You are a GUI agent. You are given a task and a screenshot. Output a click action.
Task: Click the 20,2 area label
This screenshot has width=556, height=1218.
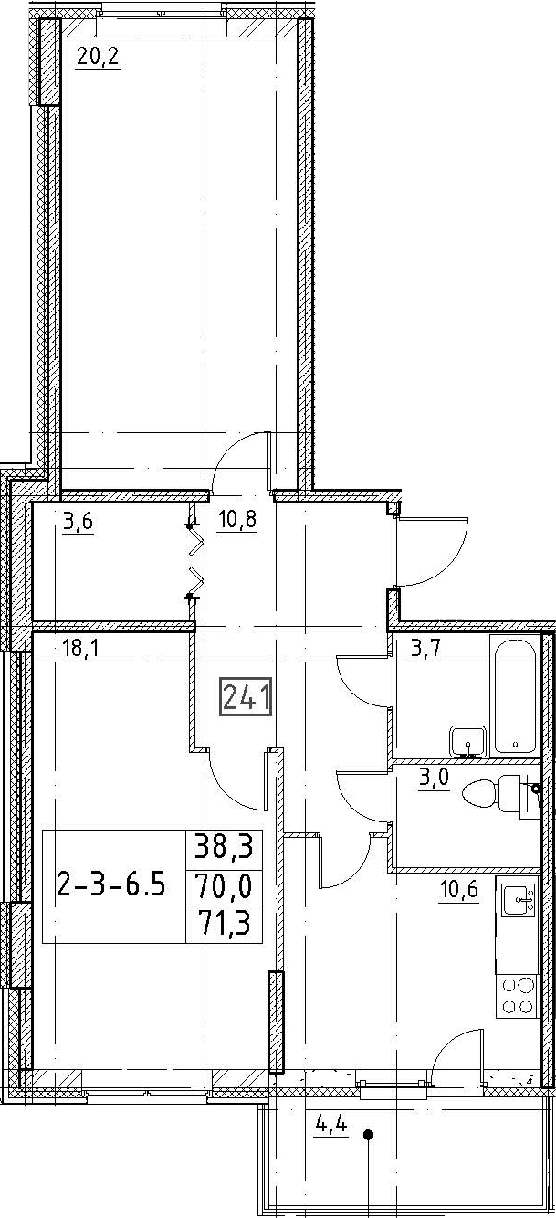pyautogui.click(x=98, y=56)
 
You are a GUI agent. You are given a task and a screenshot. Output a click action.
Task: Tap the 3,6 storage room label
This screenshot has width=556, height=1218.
pyautogui.click(x=79, y=522)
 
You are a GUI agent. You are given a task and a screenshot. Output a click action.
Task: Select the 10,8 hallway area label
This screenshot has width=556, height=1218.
pyautogui.click(x=237, y=521)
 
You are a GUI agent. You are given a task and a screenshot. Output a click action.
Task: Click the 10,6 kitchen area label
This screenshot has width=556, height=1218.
pyautogui.click(x=459, y=890)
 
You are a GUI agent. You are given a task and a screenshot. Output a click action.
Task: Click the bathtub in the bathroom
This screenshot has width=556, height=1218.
pyautogui.click(x=515, y=696)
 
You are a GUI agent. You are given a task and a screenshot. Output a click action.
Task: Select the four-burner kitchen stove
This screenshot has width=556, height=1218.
pyautogui.click(x=518, y=995)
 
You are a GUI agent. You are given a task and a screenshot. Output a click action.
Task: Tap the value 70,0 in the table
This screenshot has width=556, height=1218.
pyautogui.click(x=224, y=886)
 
